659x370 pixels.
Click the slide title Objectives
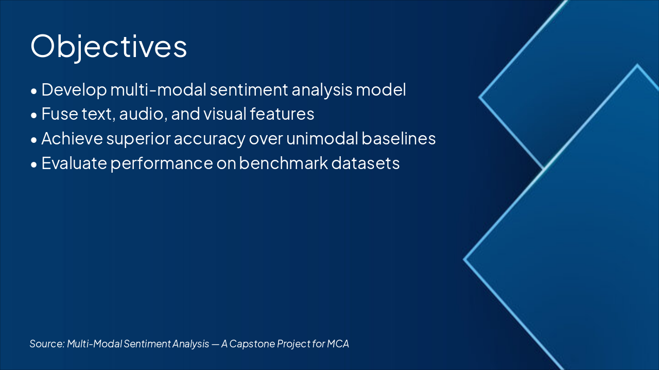pos(109,47)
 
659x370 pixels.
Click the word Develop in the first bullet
pos(74,90)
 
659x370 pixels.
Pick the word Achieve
pos(72,138)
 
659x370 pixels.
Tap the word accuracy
pos(210,139)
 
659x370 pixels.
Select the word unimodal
pos(322,138)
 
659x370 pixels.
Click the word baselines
pos(398,138)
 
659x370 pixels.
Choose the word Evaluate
pos(74,163)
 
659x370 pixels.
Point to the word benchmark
pos(283,163)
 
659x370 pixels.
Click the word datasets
pos(366,163)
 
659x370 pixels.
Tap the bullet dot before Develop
pos(34,91)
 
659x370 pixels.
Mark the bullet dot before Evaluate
pos(34,165)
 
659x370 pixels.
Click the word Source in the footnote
pos(47,344)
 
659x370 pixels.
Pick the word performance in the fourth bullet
pos(162,164)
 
